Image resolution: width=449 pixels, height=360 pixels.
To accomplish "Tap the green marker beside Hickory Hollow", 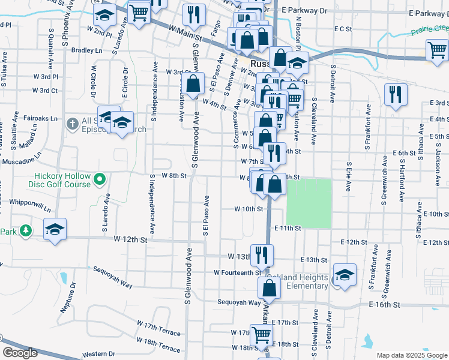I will pos(100,178).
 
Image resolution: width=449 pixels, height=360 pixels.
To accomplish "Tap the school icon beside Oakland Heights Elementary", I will pos(345,275).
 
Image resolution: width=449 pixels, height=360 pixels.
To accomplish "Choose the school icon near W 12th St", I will pos(55,229).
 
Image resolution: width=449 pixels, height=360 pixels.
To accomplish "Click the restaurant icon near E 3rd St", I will pos(395,94).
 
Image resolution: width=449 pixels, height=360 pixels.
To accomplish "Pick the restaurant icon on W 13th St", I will pos(261,254).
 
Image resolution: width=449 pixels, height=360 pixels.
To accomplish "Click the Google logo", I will pos(20,353).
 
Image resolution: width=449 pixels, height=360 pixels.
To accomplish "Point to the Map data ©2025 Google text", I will pos(412,355).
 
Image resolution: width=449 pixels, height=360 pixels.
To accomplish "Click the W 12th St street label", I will pos(130,239).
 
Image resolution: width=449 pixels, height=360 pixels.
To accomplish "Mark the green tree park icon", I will pos(25,230).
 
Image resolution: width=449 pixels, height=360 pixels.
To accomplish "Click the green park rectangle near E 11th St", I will pos(309,203).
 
